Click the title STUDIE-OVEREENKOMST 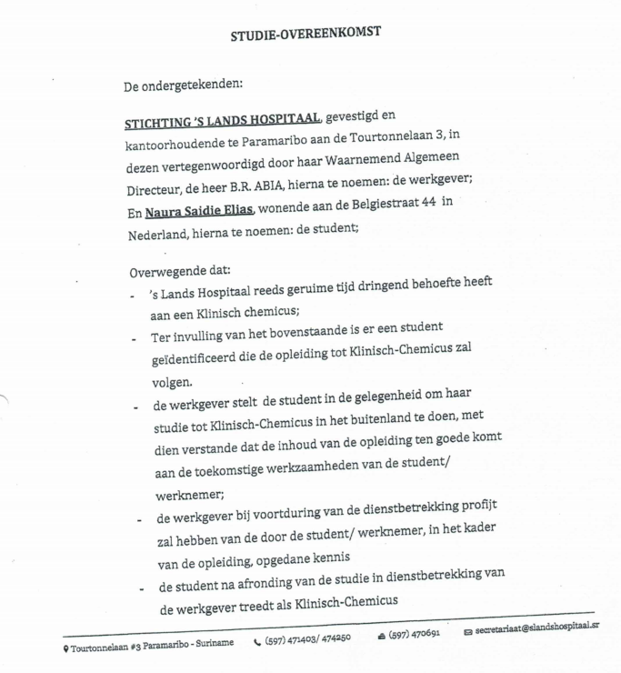click(305, 33)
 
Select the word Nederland click(162, 233)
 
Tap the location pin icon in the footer click(65, 644)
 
